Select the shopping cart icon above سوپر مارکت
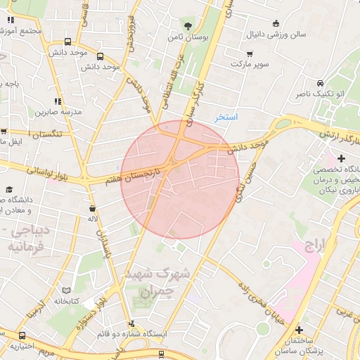250,54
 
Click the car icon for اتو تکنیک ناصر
321,83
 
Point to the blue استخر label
226,117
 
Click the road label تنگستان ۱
44,134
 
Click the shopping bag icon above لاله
92,209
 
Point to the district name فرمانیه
24,247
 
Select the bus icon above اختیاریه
22,335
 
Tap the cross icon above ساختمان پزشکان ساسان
299,330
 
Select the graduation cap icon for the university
10,189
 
